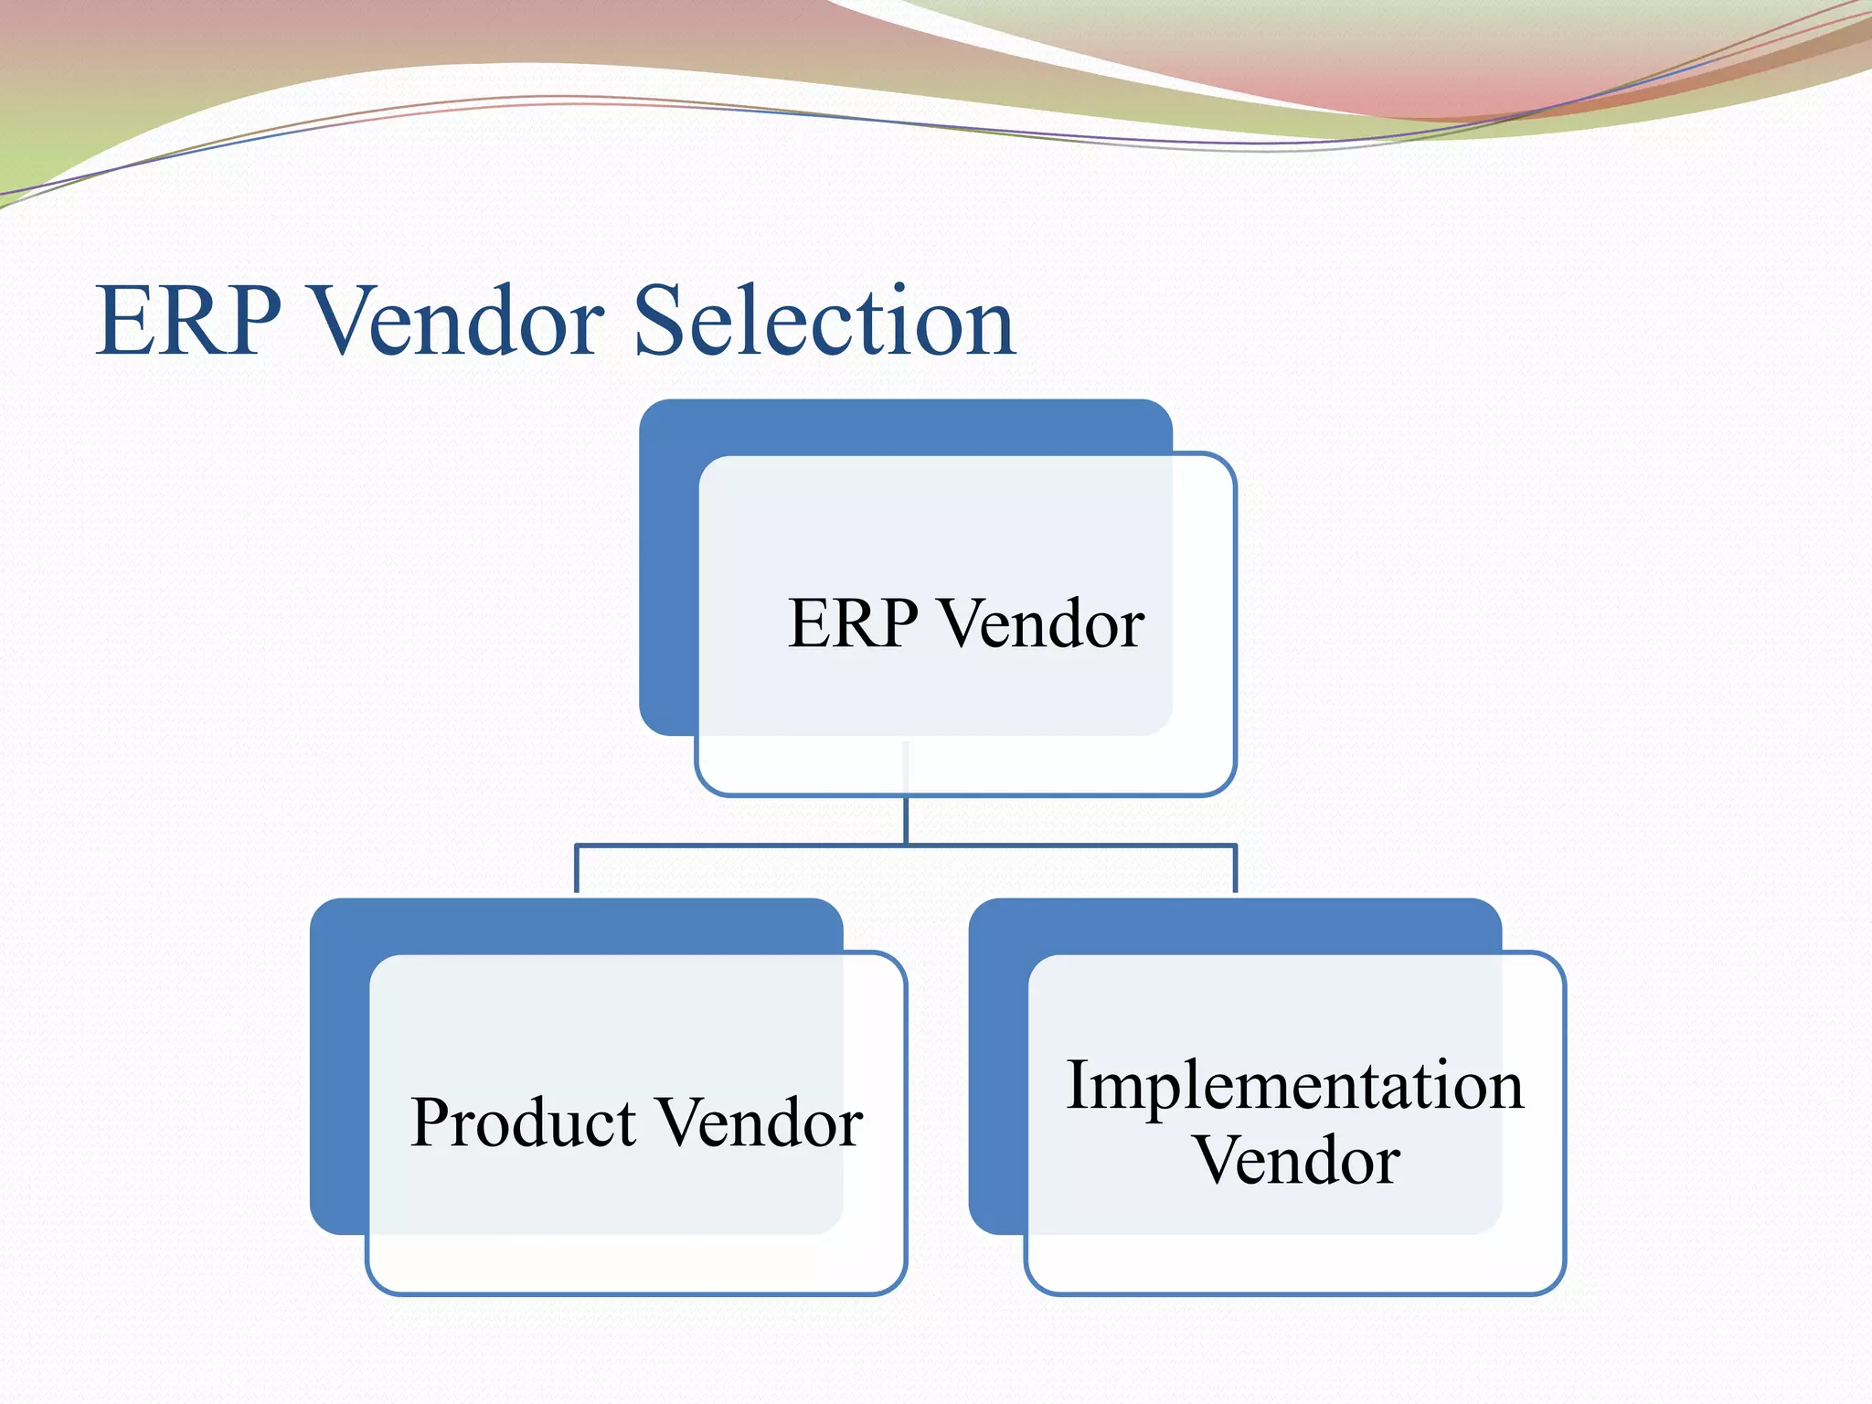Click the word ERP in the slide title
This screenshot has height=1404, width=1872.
click(x=188, y=322)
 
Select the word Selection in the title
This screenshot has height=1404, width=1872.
click(x=824, y=322)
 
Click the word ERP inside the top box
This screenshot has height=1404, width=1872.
click(x=853, y=624)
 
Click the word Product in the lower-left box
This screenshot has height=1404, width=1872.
click(x=523, y=1123)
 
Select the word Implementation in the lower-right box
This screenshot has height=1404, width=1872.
click(x=1294, y=1086)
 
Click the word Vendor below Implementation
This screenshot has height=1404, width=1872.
click(x=1296, y=1161)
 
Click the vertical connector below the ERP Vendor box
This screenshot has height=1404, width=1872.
click(x=906, y=820)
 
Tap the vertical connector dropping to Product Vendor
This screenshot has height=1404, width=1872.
click(x=576, y=869)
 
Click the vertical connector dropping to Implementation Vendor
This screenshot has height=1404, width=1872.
click(x=1235, y=869)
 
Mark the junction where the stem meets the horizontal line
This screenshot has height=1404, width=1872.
click(x=906, y=846)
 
